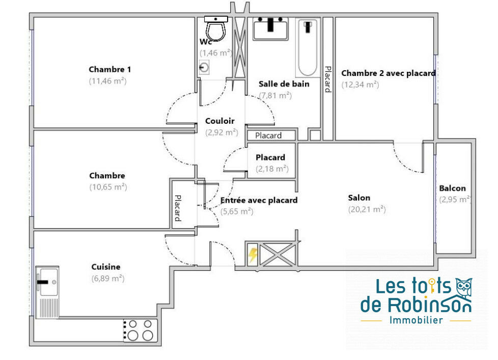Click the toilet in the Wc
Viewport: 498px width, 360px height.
216,29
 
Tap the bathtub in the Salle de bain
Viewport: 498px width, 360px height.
308,48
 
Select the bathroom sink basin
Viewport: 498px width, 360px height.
270,29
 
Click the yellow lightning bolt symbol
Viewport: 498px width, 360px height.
253,255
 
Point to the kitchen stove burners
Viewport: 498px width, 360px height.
140,330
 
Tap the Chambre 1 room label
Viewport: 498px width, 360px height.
109,69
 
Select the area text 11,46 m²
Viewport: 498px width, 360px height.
107,81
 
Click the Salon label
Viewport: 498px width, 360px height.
359,198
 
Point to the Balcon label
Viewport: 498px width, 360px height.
452,188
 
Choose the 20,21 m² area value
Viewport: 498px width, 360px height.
367,209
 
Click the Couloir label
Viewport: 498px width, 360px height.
220,121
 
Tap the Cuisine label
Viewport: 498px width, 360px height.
106,267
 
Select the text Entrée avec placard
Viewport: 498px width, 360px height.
259,200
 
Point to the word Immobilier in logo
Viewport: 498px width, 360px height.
416,320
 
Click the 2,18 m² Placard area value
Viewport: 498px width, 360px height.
272,169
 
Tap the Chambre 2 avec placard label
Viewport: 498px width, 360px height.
388,73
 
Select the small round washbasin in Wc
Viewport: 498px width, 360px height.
204,67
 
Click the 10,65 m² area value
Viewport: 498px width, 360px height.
108,187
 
